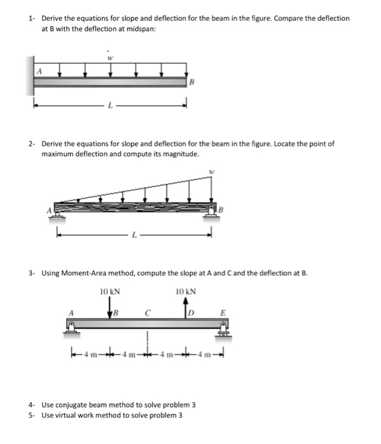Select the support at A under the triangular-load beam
click(x=57, y=219)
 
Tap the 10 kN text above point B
click(x=110, y=292)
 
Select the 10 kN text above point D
click(x=186, y=292)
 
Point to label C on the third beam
click(x=147, y=313)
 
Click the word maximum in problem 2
click(x=58, y=154)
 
